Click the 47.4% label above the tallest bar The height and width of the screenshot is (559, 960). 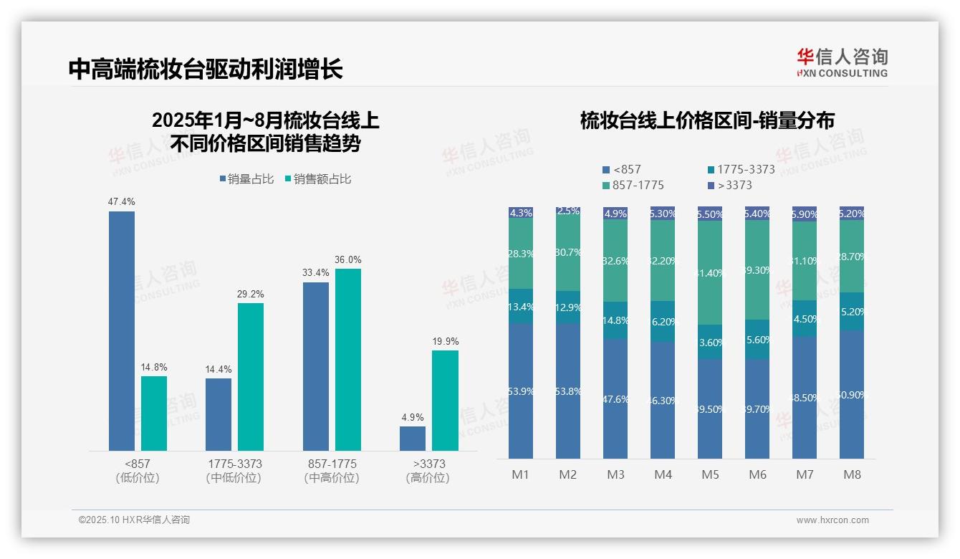tap(121, 202)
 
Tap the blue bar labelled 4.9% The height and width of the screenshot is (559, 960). tap(413, 439)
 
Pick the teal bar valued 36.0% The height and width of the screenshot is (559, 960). tap(348, 359)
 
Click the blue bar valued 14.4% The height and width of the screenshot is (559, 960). tap(219, 414)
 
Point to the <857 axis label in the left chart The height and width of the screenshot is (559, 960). tap(137, 464)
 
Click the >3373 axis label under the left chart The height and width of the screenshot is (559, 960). tap(428, 464)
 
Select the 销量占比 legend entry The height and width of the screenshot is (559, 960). tap(246, 179)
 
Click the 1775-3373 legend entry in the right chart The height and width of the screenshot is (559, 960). tap(741, 170)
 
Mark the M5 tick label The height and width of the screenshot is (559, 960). tap(710, 474)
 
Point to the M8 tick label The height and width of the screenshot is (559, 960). tap(852, 474)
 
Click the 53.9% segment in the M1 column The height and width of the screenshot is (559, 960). tap(521, 391)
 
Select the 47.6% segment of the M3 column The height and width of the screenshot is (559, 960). tap(615, 398)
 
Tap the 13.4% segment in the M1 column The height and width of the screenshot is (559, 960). tap(521, 307)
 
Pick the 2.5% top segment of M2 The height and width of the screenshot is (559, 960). tap(568, 211)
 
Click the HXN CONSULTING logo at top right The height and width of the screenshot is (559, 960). tap(842, 63)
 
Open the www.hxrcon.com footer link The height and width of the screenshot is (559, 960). tap(832, 520)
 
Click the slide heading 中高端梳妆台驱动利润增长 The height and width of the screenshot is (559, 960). tap(206, 69)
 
